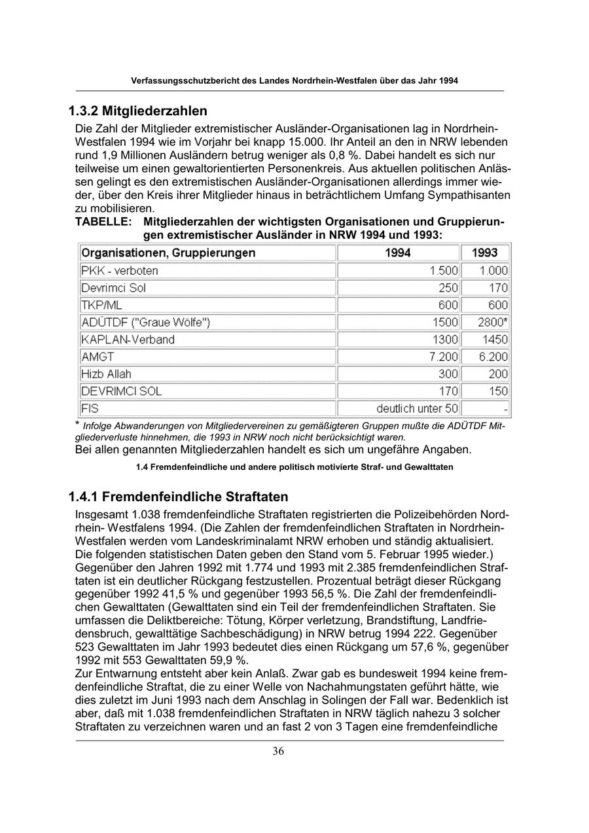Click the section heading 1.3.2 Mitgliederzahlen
tap(137, 110)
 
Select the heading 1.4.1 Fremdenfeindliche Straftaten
tap(178, 497)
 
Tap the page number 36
tap(278, 751)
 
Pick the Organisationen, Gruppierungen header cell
tap(168, 253)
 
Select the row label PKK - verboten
tap(120, 270)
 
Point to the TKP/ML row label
tap(101, 305)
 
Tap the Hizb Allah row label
tap(106, 374)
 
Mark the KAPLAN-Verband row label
tap(128, 340)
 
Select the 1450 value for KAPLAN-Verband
tap(495, 340)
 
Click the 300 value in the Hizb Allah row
tap(448, 374)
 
